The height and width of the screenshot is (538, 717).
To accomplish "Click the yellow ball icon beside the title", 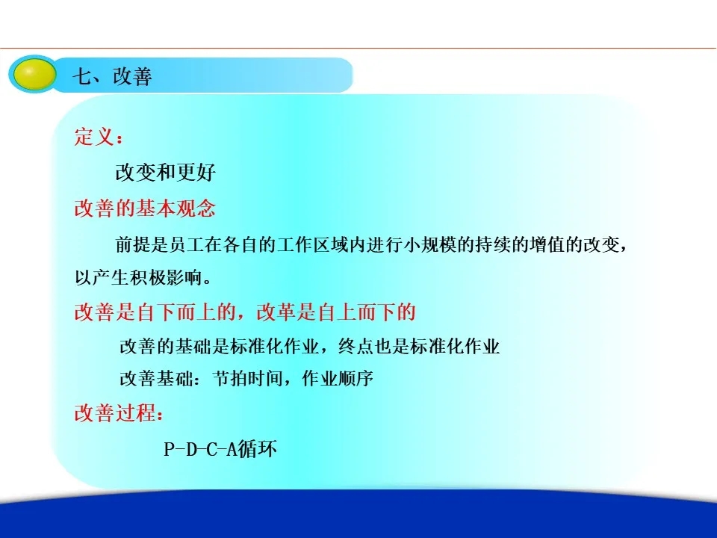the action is (33, 74).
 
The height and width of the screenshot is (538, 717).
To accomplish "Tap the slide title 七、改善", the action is (112, 76).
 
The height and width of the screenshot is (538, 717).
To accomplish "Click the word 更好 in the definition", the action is (196, 173).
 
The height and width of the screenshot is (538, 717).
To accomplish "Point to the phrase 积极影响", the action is (166, 277).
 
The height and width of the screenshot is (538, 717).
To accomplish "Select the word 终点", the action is (356, 346).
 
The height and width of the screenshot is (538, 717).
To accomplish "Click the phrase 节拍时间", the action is (247, 378).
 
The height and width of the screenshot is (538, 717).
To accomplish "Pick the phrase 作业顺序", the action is (338, 378).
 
